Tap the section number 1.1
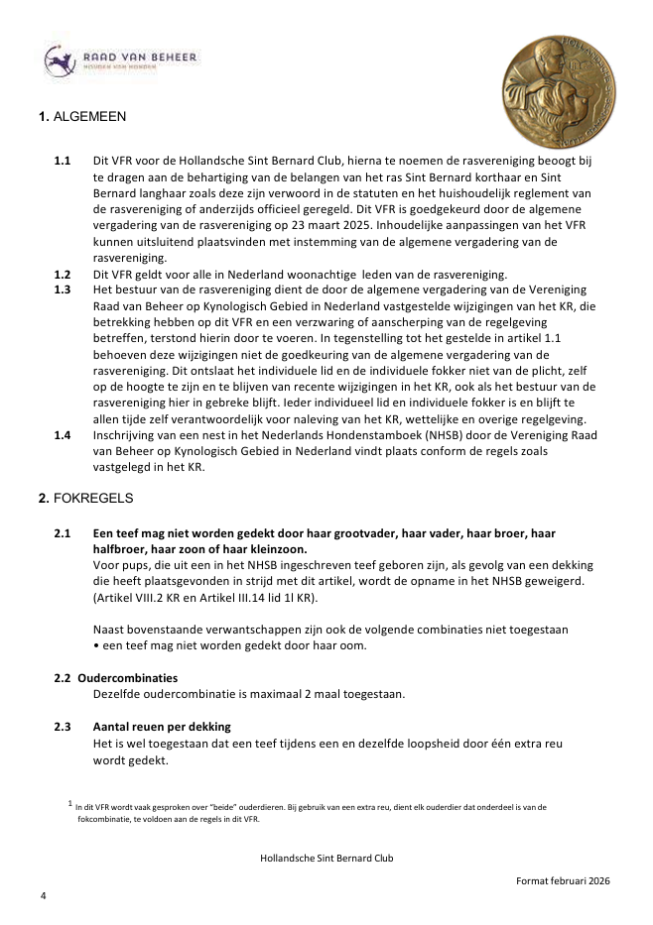click(63, 159)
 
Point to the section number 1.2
click(63, 274)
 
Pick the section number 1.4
click(63, 433)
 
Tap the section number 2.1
click(63, 533)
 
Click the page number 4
click(43, 895)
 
